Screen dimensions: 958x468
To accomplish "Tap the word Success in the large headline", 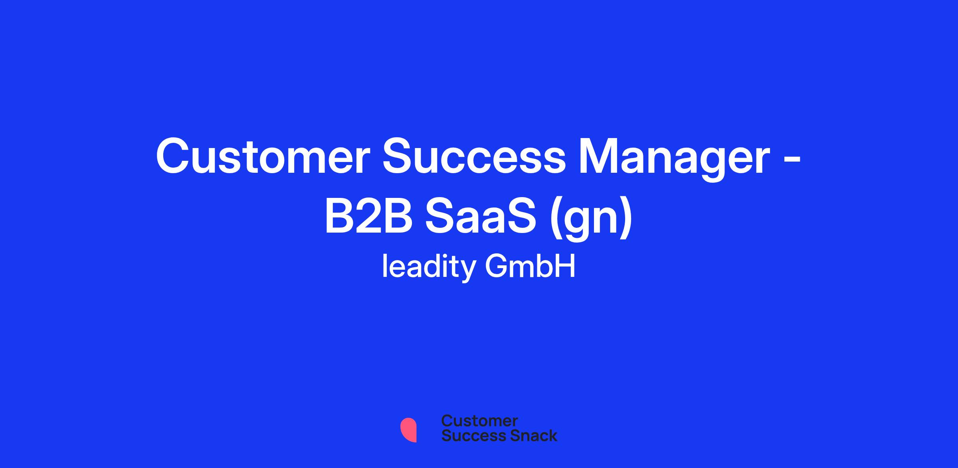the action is [474, 156].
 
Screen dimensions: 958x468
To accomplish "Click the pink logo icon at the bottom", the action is [409, 430].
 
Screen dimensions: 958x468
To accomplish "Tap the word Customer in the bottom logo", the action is [479, 421].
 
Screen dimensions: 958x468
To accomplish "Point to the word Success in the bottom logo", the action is [469, 436].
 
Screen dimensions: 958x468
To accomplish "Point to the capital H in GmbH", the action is [566, 266].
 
